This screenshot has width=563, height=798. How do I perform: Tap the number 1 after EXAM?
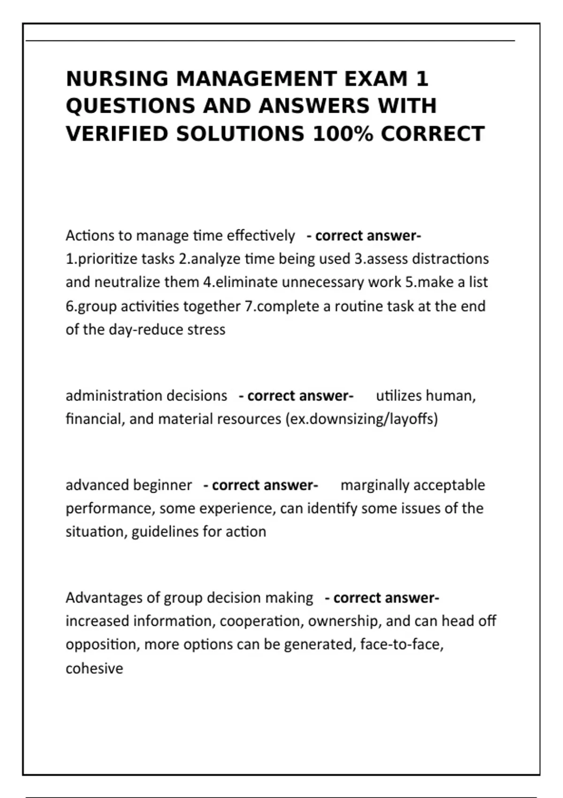point(422,79)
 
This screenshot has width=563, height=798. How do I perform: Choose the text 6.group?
point(91,307)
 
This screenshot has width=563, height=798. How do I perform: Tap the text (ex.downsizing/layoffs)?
point(361,419)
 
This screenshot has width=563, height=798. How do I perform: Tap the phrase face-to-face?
point(402,645)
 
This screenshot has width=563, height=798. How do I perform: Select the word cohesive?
point(94,668)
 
